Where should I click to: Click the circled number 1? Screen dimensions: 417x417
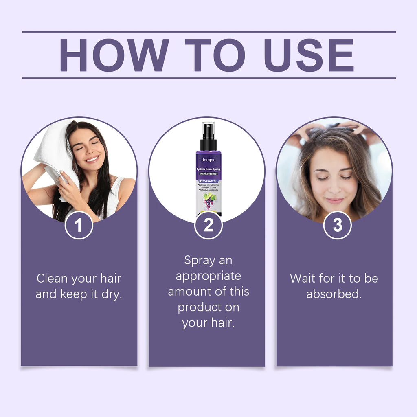(79, 225)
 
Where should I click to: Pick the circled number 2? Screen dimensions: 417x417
(208, 225)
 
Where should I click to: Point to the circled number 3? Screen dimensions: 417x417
(337, 225)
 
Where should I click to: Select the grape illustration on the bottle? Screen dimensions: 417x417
(210, 201)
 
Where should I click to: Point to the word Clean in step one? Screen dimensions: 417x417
(52, 279)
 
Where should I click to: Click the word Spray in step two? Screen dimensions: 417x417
(200, 260)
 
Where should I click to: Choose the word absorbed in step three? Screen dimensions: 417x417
(334, 294)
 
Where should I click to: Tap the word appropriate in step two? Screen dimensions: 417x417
(208, 276)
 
